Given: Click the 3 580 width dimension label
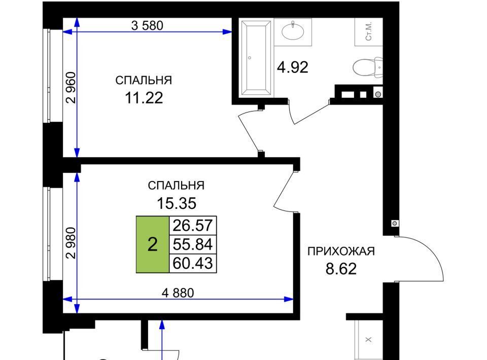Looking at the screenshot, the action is point(147,25).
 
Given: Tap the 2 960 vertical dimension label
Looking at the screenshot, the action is point(71,88).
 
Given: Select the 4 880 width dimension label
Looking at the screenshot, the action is point(178,293).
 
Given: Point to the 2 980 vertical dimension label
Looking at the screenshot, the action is point(71,243).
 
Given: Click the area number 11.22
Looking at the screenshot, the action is point(144,98).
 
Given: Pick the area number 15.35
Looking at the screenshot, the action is point(177,204).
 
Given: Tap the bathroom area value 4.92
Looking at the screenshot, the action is point(293,67).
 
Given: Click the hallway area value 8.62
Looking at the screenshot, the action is point(341,269).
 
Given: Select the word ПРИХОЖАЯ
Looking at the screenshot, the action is point(341,251).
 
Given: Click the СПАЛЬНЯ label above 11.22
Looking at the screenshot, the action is point(144,81).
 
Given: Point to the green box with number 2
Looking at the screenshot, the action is point(153,244).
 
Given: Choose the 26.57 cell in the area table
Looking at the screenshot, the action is point(193,225).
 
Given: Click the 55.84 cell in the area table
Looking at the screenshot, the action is point(193,244).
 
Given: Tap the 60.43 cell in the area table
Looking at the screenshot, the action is point(193,263).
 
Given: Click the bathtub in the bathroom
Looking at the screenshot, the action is point(256,58).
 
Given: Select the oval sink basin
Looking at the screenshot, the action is point(293,31).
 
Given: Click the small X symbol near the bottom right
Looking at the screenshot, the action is point(369,340).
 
